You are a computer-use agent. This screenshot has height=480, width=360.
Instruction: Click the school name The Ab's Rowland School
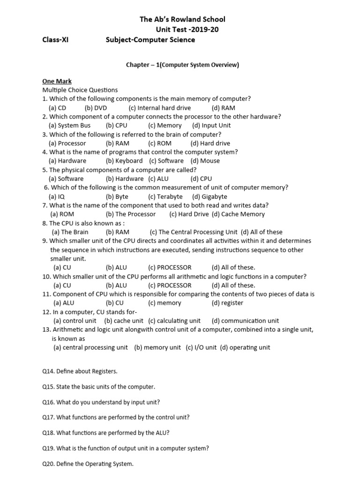click(182, 19)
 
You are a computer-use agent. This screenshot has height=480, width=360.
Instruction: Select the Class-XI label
click(55, 40)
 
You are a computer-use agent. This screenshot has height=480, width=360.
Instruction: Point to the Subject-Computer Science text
click(151, 40)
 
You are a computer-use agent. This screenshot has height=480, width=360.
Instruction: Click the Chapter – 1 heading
click(182, 65)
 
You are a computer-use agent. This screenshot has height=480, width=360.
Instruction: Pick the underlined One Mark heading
click(57, 81)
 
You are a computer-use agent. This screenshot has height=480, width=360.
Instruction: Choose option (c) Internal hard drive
click(153, 107)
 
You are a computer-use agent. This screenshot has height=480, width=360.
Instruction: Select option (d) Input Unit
click(211, 125)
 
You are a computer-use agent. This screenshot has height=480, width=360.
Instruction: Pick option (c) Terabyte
click(165, 196)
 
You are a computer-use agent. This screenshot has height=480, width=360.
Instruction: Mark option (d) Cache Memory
click(238, 214)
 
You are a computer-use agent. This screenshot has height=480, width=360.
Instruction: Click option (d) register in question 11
click(227, 303)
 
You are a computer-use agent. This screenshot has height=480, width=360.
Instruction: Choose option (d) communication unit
click(245, 321)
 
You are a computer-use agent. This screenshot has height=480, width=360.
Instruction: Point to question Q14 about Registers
click(80, 371)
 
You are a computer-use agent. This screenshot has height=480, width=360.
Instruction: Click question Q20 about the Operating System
click(88, 464)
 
